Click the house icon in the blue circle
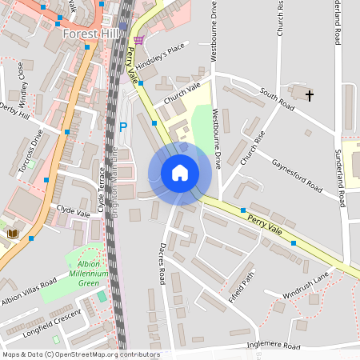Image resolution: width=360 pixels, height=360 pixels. click(x=180, y=173)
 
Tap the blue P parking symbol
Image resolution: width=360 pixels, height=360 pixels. click(x=122, y=126)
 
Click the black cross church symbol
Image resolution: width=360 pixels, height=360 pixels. click(x=310, y=95)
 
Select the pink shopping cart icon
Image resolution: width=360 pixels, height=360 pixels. click(x=140, y=40)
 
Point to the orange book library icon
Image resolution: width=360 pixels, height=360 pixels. click(x=13, y=234)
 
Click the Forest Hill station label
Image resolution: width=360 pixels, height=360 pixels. click(x=91, y=34)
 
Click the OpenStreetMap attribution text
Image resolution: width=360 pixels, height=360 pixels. click(x=80, y=354)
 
